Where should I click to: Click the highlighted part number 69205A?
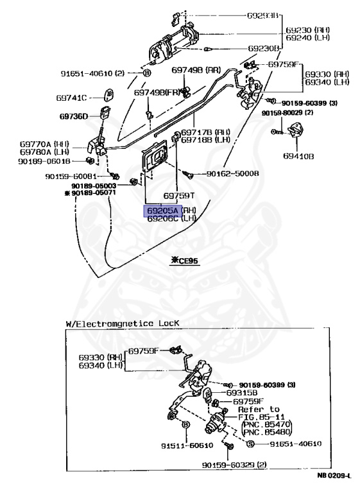(x=162, y=210)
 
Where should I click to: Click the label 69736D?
(x=76, y=117)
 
